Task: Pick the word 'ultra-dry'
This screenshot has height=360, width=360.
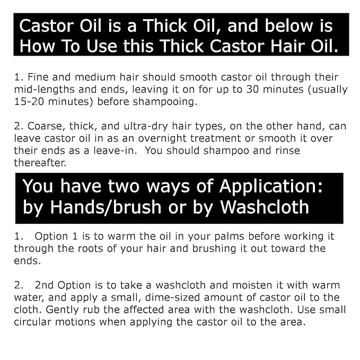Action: click(x=148, y=126)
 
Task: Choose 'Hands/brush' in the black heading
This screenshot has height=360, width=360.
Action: click(x=100, y=207)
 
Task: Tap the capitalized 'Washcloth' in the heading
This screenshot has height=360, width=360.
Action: click(x=264, y=207)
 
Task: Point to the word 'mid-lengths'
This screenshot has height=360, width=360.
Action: click(x=43, y=90)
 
